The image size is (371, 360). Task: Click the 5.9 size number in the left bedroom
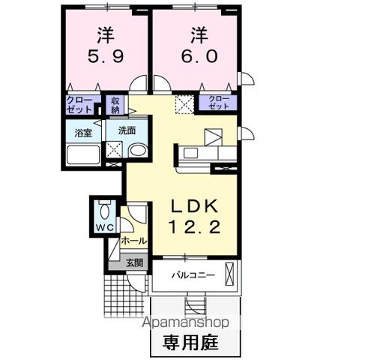[104, 55]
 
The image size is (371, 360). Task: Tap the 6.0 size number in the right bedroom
[196, 55]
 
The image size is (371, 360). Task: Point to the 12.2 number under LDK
[194, 227]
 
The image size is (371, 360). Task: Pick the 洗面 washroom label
[127, 130]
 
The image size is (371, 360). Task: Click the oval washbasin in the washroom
[137, 151]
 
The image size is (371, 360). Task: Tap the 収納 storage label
[116, 103]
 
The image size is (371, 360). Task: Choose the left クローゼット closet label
[78, 103]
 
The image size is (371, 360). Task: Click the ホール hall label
[133, 241]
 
